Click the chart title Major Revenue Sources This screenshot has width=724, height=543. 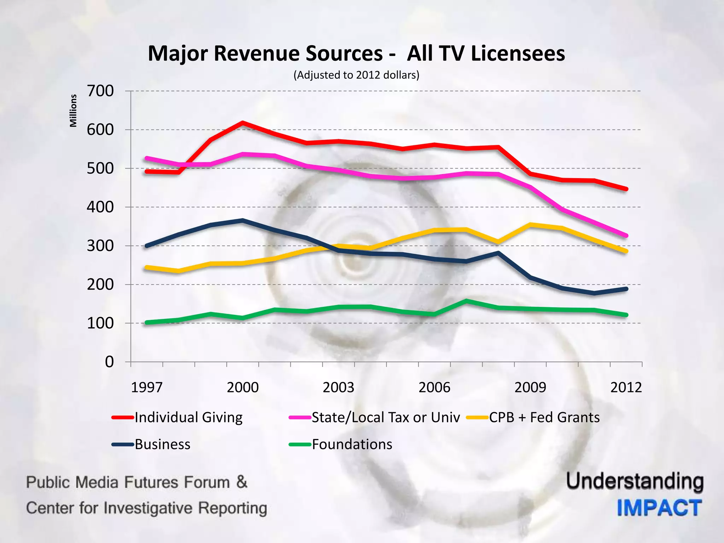coord(356,53)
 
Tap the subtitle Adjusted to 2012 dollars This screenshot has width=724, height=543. coord(356,75)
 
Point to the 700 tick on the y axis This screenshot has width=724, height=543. coord(100,91)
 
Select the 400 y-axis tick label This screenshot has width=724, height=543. coord(100,207)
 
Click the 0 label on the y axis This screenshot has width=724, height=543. coord(109,362)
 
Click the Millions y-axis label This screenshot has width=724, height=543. coord(73,111)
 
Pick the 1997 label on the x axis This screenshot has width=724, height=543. coord(147,387)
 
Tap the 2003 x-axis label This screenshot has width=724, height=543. coord(338,387)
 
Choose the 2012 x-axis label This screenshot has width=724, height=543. coord(626,387)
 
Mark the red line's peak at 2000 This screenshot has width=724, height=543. coord(243,123)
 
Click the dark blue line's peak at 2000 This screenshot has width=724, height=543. coord(243,220)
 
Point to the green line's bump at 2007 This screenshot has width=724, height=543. coord(466,301)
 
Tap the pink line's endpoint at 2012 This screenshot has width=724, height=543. coord(626,235)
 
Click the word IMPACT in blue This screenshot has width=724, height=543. coord(659,508)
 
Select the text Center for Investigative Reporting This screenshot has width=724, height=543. coord(146,508)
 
